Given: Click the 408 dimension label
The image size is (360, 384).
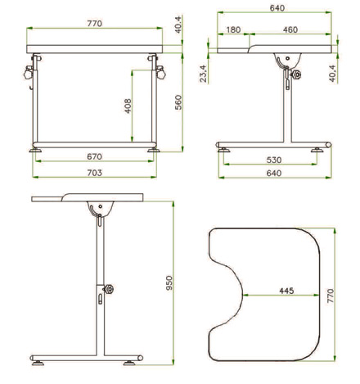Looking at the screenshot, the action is pos(128,106).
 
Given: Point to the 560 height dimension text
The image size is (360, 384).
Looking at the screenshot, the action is pos(178,102).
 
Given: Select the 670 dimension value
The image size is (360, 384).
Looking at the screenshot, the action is pos(94,156).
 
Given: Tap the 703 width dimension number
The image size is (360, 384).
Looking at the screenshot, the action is pos(94,173).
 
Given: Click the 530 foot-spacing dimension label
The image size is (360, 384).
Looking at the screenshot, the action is pos(274,160).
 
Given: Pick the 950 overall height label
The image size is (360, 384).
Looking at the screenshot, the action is pos(169,283).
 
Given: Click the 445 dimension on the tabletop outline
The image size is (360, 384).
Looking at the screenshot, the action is pos(286,291).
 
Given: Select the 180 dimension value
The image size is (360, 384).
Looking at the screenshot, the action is pos(233,29).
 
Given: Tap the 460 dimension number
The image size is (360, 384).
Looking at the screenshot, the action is pos(290,29).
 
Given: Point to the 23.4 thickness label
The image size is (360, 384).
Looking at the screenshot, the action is pos(203,74).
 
